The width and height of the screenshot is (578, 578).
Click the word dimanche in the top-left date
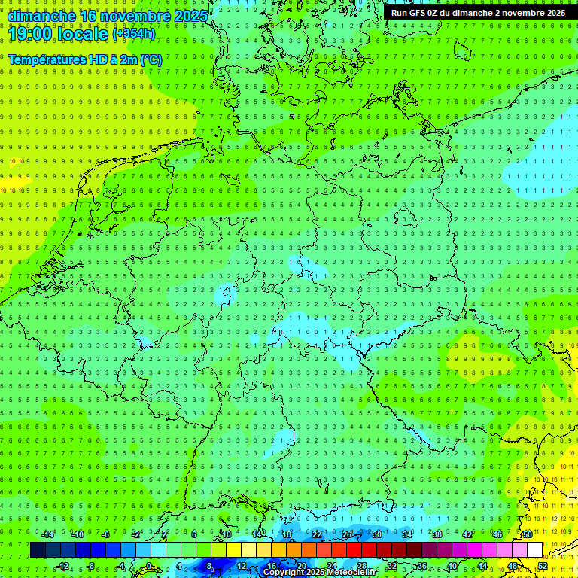coord(41,15)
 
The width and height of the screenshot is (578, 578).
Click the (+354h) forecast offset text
coord(134,34)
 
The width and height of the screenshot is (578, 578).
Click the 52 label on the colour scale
coord(543,566)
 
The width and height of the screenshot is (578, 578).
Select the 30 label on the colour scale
coord(376,534)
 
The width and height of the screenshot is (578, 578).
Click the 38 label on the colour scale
coord(437,534)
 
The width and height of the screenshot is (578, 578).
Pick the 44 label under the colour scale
coord(482,566)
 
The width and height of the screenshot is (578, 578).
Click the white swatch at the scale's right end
coord(534,549)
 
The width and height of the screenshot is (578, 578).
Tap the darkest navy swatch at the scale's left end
coord(38,549)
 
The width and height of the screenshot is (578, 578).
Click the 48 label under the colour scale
coord(512,566)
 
